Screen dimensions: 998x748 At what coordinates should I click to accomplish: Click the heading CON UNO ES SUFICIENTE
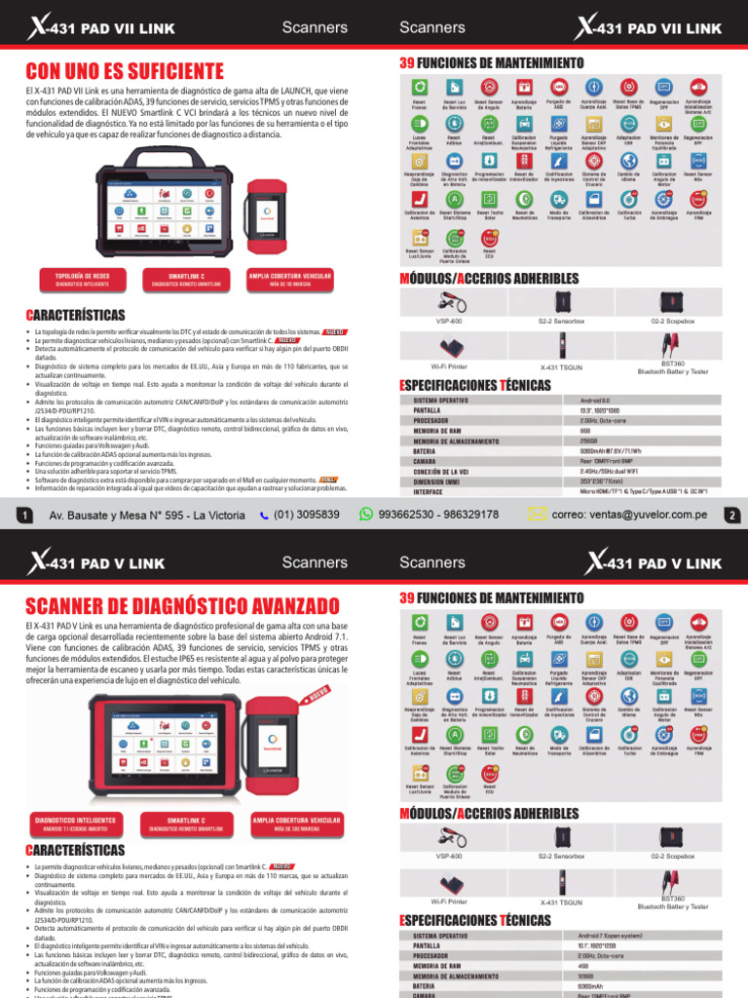pos(124,70)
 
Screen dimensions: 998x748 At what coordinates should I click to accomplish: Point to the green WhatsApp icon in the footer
pos(366,514)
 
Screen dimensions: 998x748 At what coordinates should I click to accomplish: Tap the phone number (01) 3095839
pos(307,514)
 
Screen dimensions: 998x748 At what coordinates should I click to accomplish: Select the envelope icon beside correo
pos(537,514)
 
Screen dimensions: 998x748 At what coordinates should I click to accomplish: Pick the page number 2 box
pos(730,516)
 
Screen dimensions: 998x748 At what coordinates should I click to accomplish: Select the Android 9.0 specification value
pos(595,401)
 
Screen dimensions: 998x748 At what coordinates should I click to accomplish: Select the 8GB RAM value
pos(585,431)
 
